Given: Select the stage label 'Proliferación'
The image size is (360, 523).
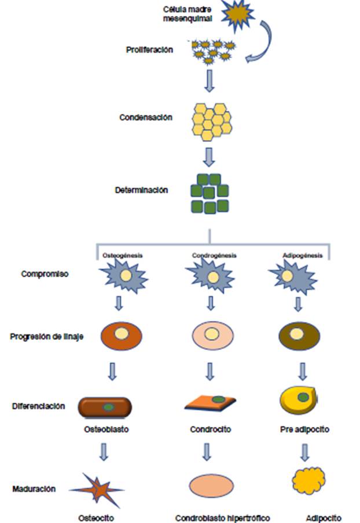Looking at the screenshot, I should click(149, 50).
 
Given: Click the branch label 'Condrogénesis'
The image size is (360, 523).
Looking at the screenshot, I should click(214, 255).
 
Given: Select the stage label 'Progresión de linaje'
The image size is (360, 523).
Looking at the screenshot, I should click(47, 336).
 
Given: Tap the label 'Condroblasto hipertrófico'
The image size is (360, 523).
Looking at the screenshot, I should click(223, 518).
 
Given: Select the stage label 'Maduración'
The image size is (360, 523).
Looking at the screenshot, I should click(34, 489).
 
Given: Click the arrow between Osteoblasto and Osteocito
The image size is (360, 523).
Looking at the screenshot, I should click(104, 451).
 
